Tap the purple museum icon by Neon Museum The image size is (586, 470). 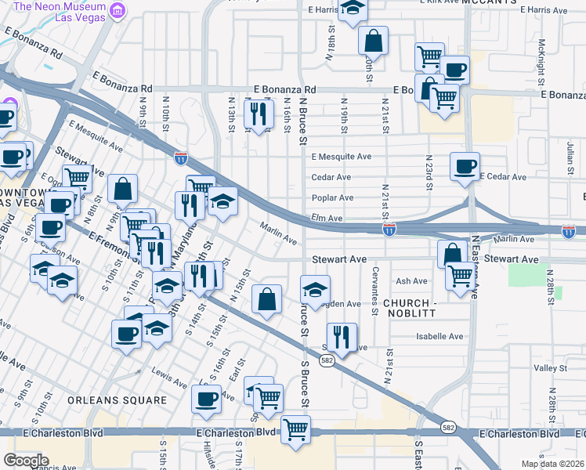click(118, 10)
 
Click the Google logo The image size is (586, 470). click(26, 460)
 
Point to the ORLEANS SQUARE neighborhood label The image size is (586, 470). click(118, 400)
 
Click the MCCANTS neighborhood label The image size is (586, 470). click(489, 2)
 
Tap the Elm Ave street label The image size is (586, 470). click(327, 219)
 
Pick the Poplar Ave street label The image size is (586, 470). click(332, 198)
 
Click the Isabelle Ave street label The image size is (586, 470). click(439, 337)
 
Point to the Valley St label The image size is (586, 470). click(550, 367)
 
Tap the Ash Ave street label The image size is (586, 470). click(412, 281)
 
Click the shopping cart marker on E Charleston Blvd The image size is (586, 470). click(295, 428)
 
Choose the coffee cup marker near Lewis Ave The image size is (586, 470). click(207, 398)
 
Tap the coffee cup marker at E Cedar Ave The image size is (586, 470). click(465, 166)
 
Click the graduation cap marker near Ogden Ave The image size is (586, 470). click(314, 289)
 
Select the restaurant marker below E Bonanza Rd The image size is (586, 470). click(259, 114)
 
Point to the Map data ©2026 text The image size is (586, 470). click(552, 464)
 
